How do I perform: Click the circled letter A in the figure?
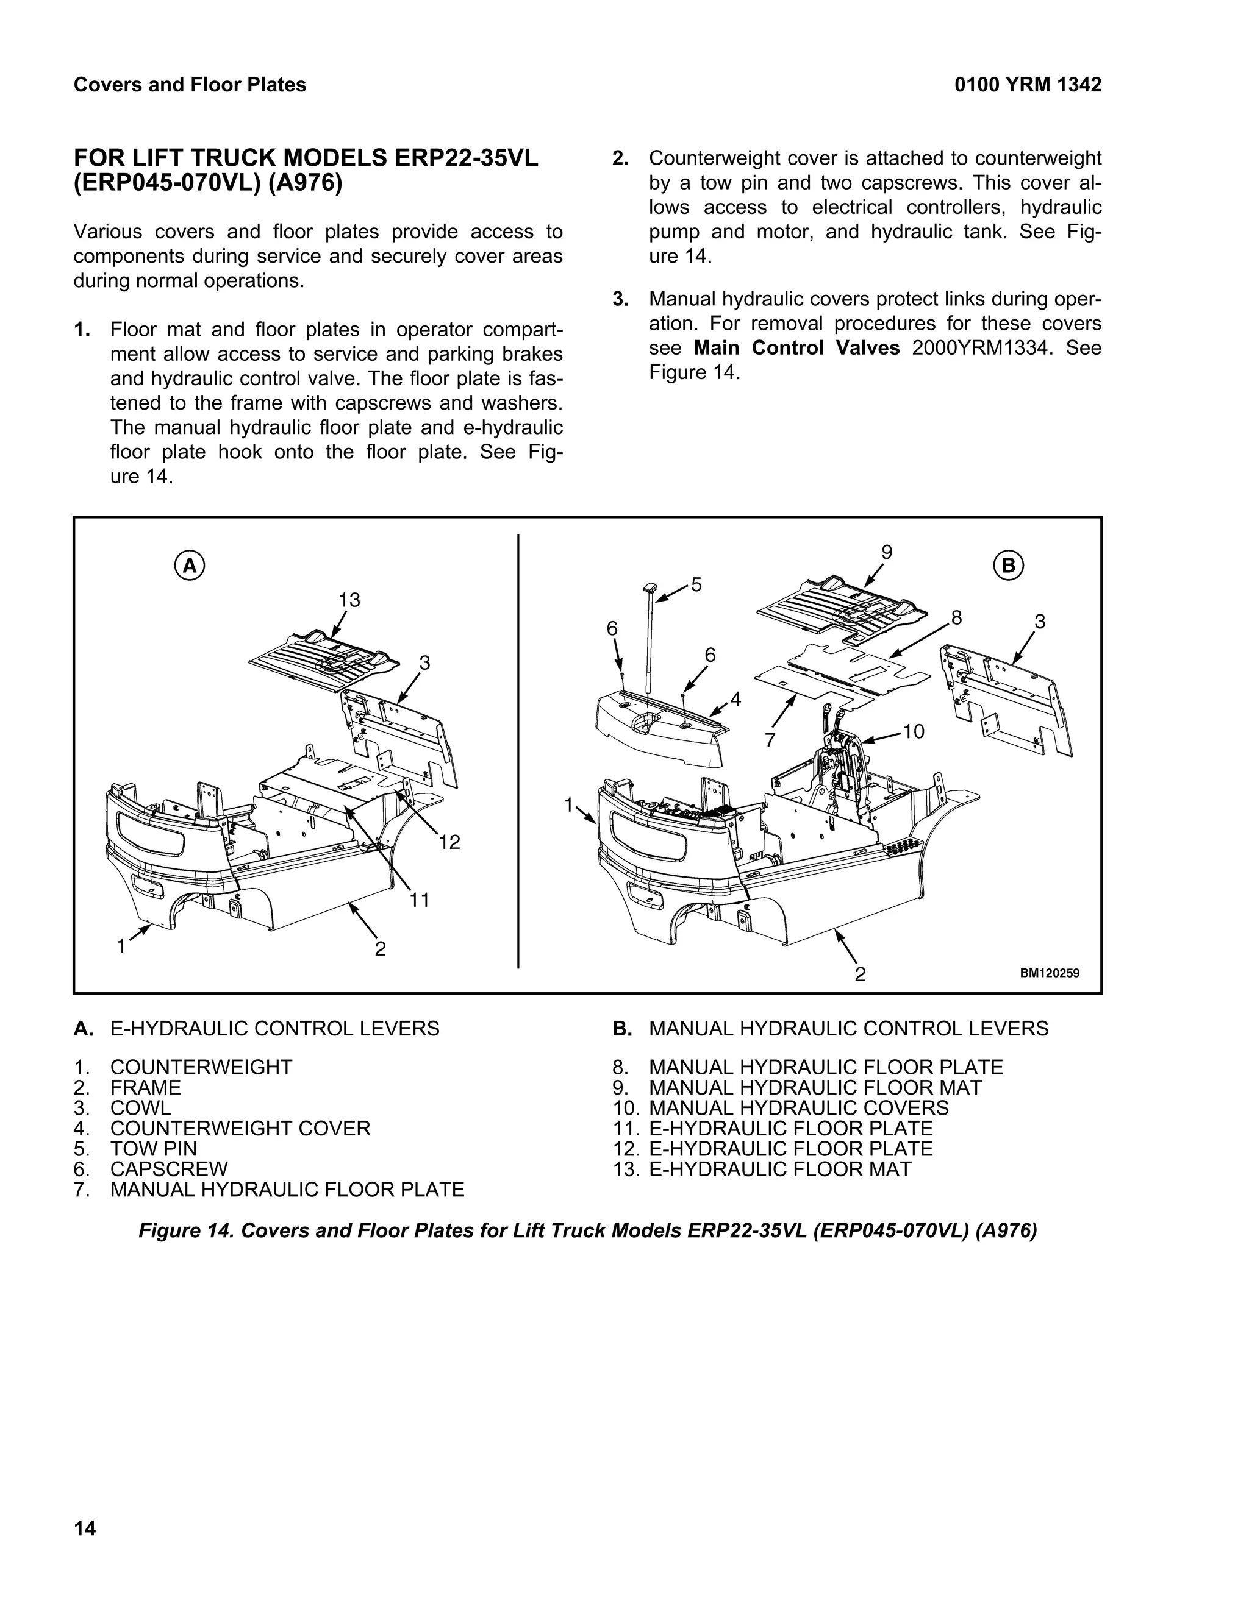[x=190, y=566]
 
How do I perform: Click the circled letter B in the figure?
[x=1009, y=566]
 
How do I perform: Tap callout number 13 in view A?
[x=349, y=600]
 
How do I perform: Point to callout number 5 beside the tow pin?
[x=696, y=585]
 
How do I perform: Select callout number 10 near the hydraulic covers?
[x=914, y=731]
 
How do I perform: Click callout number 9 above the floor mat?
[x=886, y=552]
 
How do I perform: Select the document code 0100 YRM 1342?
[x=1028, y=85]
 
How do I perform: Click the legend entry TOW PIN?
[x=153, y=1148]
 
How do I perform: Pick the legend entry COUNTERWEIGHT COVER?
[x=240, y=1129]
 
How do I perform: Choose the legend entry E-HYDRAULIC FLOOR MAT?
[x=780, y=1169]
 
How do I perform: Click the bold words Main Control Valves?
[x=796, y=348]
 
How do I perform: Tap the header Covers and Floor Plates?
[x=190, y=85]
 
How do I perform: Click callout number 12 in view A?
[x=449, y=842]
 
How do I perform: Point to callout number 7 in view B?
[x=770, y=739]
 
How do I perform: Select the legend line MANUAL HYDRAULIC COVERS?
[x=798, y=1108]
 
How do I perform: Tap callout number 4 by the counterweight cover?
[x=735, y=698]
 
